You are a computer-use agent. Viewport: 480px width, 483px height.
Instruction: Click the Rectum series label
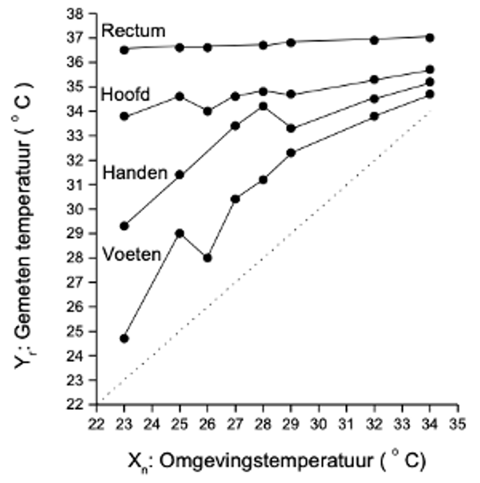[133, 31]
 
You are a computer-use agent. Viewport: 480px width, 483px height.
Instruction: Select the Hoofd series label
[125, 95]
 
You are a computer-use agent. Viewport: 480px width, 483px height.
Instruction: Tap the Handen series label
[135, 173]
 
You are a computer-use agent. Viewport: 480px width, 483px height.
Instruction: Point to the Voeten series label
[132, 254]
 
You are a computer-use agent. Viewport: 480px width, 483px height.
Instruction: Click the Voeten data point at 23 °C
[124, 339]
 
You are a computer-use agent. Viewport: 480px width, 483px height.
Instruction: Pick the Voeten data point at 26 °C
[207, 258]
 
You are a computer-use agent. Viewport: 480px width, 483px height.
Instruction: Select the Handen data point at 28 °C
[263, 106]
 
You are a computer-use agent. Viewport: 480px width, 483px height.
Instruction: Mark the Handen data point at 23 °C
[124, 226]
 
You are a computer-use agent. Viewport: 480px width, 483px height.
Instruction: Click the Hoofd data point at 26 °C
[207, 111]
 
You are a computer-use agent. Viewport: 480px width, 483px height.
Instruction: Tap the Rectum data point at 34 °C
[430, 38]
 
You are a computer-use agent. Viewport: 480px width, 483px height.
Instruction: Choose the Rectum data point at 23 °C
[124, 50]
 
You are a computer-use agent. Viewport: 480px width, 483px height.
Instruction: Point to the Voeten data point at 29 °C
[291, 153]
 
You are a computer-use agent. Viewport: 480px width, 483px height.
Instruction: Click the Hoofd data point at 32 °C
[374, 79]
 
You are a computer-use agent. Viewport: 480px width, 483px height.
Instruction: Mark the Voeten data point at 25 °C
[180, 233]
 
